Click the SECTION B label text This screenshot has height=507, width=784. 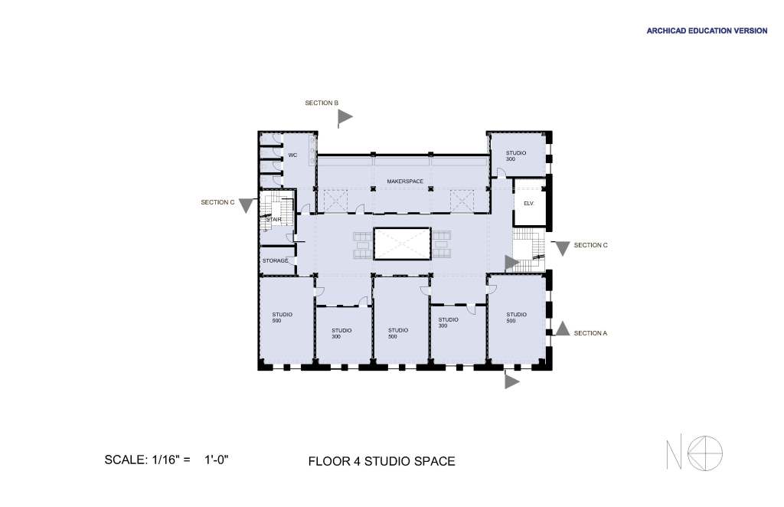[322, 103]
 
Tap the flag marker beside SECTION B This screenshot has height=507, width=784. [345, 118]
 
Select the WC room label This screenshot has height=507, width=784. [292, 155]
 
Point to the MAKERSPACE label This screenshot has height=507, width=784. [405, 181]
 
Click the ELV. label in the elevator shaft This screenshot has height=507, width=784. [528, 204]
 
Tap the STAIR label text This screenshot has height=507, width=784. [273, 220]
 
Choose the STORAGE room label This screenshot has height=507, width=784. [275, 261]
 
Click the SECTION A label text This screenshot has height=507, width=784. [590, 333]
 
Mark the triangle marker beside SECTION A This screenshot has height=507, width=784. [563, 329]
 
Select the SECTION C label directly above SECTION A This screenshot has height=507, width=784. [590, 245]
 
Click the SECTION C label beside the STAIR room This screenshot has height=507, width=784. [217, 202]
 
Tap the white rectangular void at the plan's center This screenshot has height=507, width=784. [402, 244]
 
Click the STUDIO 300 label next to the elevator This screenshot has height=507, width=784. [515, 156]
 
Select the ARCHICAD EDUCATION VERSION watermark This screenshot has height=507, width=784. [707, 31]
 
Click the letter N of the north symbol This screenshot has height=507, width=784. [674, 454]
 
